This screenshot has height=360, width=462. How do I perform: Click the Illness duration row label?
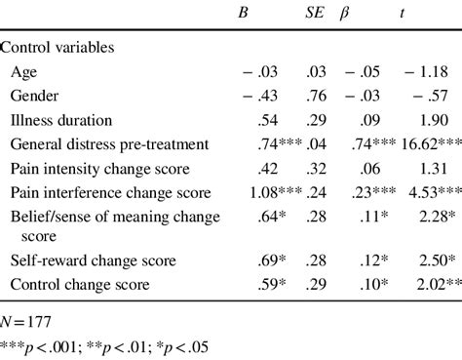pyautogui.click(x=61, y=122)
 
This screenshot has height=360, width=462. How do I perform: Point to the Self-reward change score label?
pyautogui.click(x=93, y=261)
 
